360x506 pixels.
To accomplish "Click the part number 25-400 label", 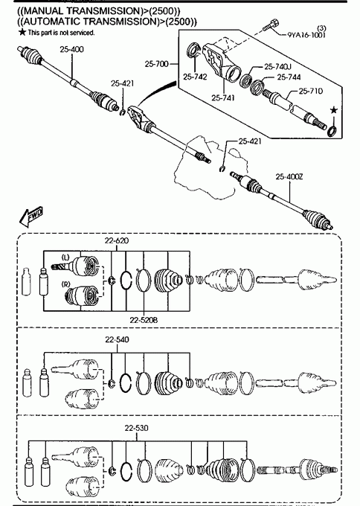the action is [71, 49].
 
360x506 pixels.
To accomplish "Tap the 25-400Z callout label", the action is [289, 177].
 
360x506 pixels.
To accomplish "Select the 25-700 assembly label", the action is [156, 64].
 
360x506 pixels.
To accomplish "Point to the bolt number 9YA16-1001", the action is [306, 35].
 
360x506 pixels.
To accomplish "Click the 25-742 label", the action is [195, 77].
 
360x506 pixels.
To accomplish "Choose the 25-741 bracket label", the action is [223, 97].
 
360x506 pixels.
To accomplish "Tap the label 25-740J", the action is [277, 67].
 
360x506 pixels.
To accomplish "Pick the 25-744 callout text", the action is [289, 77].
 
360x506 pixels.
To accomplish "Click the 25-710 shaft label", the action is [310, 92].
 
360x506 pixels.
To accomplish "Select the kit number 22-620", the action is [117, 240].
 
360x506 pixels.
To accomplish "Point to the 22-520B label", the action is [144, 320].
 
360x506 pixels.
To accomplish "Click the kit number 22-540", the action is [117, 339].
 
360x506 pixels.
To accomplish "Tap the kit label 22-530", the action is [136, 428].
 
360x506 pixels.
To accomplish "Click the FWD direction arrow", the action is [31, 217].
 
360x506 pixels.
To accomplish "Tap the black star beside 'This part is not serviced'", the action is [22, 32].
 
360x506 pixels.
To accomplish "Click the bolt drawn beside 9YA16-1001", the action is [270, 25].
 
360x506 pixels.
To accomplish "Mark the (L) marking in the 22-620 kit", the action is [65, 257].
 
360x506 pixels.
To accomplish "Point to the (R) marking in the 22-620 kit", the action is [65, 284].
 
